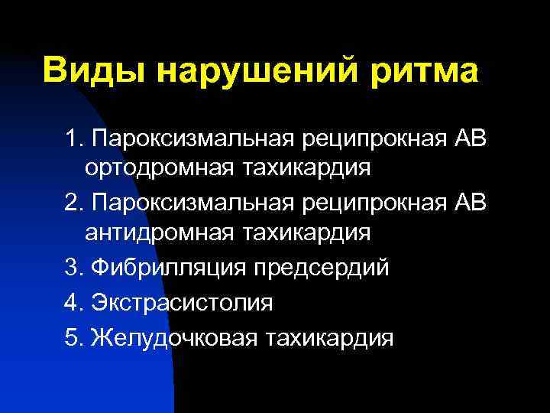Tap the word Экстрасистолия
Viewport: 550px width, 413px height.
tap(181, 302)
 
